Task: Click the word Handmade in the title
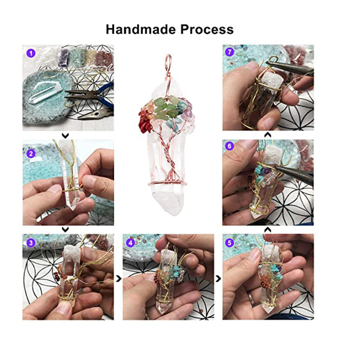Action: pos(141,29)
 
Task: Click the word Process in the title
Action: pos(207,29)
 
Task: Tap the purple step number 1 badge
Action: pos(31,54)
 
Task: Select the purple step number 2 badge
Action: pos(31,154)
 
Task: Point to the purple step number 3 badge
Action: pos(31,243)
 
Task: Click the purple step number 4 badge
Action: pos(131,243)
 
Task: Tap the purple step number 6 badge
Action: pos(230,146)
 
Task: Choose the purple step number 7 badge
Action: pos(230,52)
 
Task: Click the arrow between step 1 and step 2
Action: pos(65,136)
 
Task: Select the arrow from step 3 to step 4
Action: pos(119,279)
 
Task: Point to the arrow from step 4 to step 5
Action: pos(218,279)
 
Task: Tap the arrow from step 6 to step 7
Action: pos(268,135)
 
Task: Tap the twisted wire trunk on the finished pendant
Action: pos(168,158)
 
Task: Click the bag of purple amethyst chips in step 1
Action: pos(64,58)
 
